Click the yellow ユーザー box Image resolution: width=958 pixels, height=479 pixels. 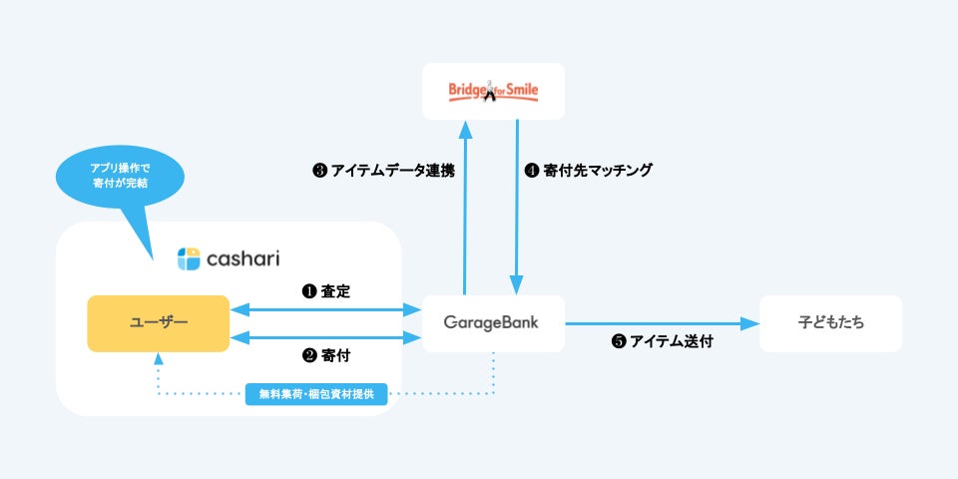[x=158, y=323]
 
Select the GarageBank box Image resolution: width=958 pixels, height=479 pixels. [x=493, y=323]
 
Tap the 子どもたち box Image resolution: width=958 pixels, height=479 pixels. [x=830, y=323]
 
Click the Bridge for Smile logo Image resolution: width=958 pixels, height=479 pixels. [x=493, y=92]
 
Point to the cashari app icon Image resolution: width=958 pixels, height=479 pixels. [x=189, y=258]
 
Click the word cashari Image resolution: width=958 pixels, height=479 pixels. [x=242, y=258]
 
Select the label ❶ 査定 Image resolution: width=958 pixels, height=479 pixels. [x=326, y=291]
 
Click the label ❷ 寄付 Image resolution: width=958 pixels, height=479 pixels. [x=326, y=355]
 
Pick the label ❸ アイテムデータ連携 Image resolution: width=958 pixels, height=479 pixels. [x=383, y=171]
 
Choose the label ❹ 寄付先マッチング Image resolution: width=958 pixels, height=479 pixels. [x=589, y=171]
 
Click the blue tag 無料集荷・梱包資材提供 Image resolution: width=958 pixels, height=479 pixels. [x=316, y=394]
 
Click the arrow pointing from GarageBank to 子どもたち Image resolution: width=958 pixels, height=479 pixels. [x=659, y=323]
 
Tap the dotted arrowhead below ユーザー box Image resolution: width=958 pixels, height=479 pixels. [x=158, y=359]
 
